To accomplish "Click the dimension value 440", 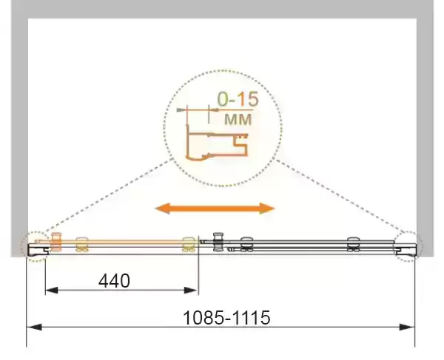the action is click(x=115, y=281).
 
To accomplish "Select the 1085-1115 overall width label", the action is click(x=226, y=317).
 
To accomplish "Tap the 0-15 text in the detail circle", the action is click(x=238, y=99).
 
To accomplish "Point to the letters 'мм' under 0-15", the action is click(x=238, y=119).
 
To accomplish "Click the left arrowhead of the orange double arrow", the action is click(x=163, y=208).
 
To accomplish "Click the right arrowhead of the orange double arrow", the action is click(x=266, y=208).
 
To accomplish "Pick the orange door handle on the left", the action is click(x=56, y=242).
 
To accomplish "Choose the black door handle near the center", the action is click(x=218, y=242).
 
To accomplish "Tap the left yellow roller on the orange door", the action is click(x=82, y=245).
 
